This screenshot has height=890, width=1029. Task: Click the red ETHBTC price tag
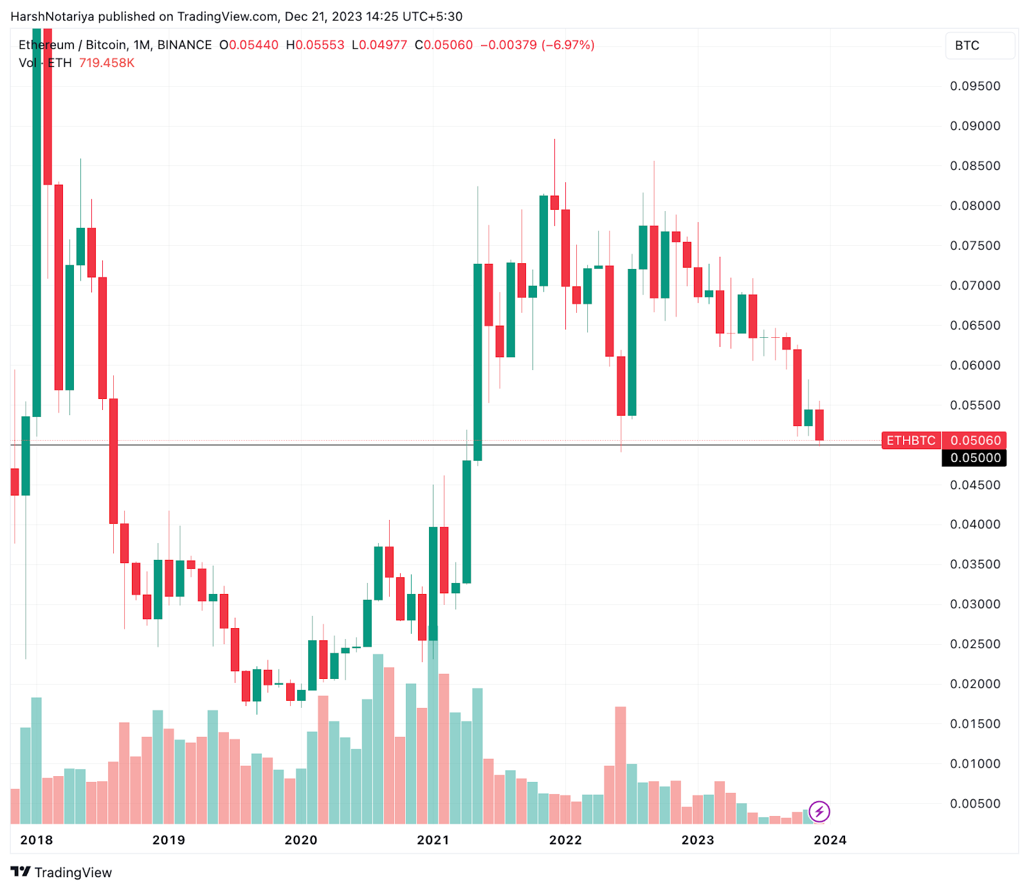click(911, 440)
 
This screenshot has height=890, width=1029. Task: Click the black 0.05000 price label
click(975, 458)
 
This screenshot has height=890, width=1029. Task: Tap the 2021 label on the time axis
click(433, 840)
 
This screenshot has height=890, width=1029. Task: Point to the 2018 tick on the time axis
click(37, 840)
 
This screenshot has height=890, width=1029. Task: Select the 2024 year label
click(830, 840)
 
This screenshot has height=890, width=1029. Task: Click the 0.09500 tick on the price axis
click(975, 86)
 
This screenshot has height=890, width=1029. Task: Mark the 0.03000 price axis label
click(975, 604)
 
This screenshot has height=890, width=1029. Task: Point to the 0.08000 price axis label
click(975, 205)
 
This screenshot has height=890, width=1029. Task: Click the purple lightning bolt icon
click(819, 811)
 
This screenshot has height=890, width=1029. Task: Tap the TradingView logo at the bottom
click(62, 872)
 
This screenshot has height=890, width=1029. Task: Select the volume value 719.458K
click(107, 63)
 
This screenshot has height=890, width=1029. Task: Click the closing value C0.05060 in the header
click(444, 45)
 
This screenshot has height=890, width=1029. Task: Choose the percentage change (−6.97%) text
click(568, 45)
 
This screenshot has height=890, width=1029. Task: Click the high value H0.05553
click(315, 45)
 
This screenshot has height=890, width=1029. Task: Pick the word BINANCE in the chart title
click(185, 45)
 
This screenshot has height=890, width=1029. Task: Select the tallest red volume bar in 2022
click(621, 765)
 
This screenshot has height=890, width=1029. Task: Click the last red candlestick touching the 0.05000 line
click(819, 425)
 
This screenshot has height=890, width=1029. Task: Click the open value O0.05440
click(249, 45)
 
